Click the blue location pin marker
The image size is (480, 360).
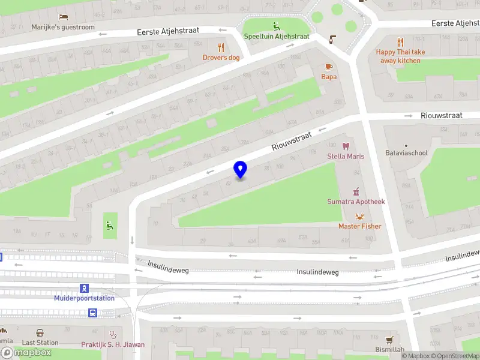240,169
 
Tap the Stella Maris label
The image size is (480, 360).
345,157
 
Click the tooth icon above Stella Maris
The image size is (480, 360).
345,146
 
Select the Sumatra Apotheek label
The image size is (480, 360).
356,202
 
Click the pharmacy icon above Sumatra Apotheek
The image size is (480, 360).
356,191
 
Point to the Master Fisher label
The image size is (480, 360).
359,226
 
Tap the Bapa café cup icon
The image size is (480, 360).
328,67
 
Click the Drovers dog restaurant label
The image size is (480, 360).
221,58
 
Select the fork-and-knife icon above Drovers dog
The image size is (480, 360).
221,47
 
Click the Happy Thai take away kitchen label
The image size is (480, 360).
401,56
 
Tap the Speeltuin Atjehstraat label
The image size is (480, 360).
277,37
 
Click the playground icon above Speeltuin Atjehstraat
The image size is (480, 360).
277,26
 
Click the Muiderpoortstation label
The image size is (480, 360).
84,298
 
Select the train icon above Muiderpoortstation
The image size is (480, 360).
85,288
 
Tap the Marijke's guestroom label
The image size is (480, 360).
63,28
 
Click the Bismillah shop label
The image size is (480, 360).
390,349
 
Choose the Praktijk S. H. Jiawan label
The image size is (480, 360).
113,345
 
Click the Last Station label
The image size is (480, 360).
40,343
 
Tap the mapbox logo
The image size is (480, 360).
26,353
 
